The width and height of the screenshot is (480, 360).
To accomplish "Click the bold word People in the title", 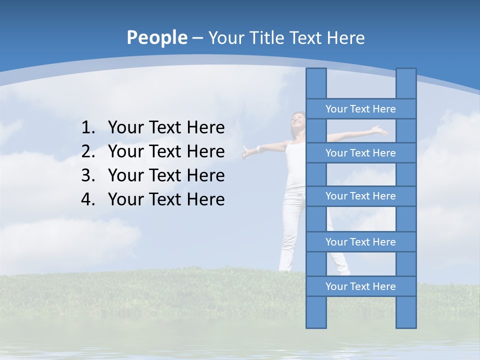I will pyautogui.click(x=156, y=37).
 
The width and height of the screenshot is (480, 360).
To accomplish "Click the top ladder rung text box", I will pyautogui.click(x=360, y=109).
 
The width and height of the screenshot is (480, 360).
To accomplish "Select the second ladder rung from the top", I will pyautogui.click(x=360, y=153).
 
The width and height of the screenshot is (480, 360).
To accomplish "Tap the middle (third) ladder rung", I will pyautogui.click(x=360, y=196).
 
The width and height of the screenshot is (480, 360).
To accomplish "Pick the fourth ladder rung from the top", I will pyautogui.click(x=360, y=242).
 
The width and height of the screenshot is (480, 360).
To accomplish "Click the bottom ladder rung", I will pyautogui.click(x=360, y=286).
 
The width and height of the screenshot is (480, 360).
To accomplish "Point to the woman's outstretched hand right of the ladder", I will pyautogui.click(x=381, y=130).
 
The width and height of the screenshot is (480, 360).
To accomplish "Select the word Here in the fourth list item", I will pyautogui.click(x=205, y=199).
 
